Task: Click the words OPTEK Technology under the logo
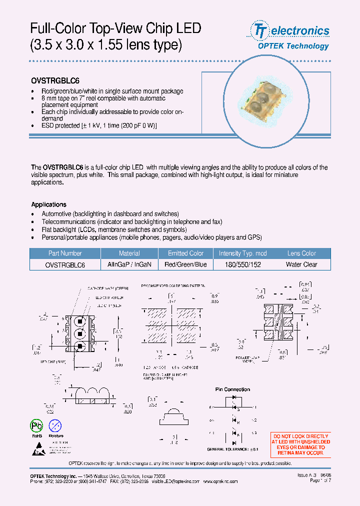point(293,46)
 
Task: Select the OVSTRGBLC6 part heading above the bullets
point(55,80)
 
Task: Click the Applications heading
point(48,204)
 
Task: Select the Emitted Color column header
point(185,253)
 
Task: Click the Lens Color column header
point(301,253)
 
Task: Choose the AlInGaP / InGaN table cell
point(129,264)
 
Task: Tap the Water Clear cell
point(301,264)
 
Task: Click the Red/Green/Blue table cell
point(185,264)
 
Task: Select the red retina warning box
point(300,445)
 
